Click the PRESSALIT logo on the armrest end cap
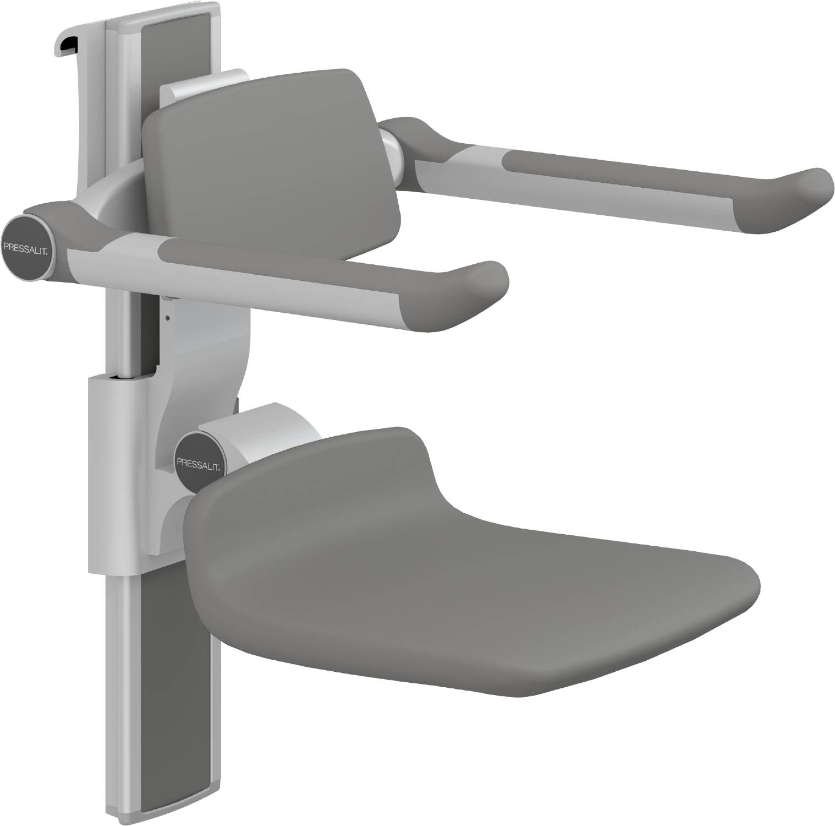tap(28, 246)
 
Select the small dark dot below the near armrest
tap(168, 317)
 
